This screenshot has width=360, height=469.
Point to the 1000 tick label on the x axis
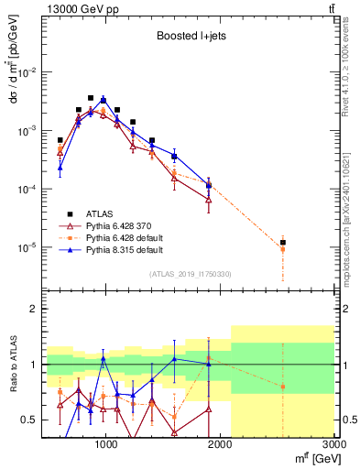[x=106, y=443]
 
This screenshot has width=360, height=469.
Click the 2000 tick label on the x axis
[x=220, y=443]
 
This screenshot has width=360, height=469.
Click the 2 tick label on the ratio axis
[x=31, y=309]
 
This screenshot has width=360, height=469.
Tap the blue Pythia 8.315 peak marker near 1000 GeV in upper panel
[x=104, y=100]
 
